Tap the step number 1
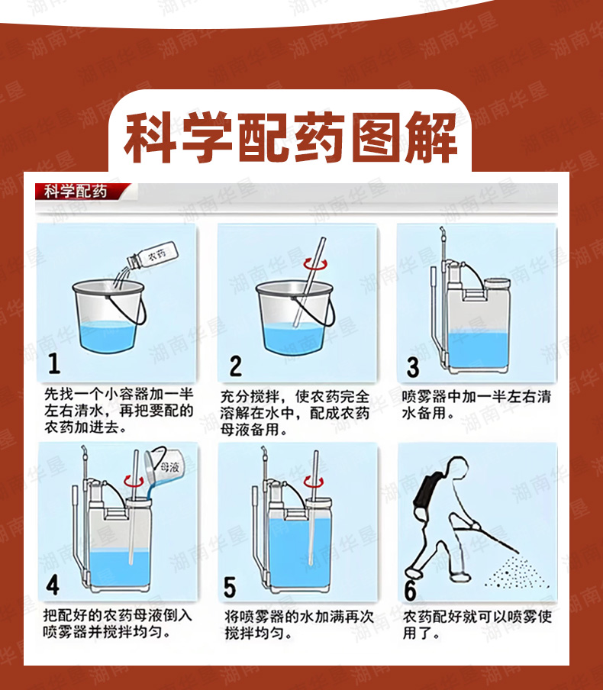point(54,364)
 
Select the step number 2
point(236,366)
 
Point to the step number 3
point(413,367)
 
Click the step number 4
point(53,585)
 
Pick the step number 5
point(230,587)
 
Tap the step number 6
point(410,591)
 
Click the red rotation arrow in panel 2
point(315,264)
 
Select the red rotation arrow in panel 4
point(134,481)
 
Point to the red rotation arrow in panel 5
point(315,482)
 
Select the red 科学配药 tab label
point(76,192)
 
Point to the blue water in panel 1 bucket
point(108,335)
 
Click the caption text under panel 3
point(476,405)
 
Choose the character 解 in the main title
point(431,137)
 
